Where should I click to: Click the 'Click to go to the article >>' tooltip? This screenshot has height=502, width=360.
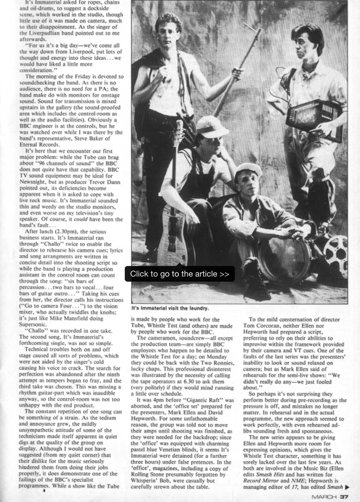point(180,274)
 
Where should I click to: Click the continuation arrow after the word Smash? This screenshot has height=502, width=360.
point(347,487)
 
